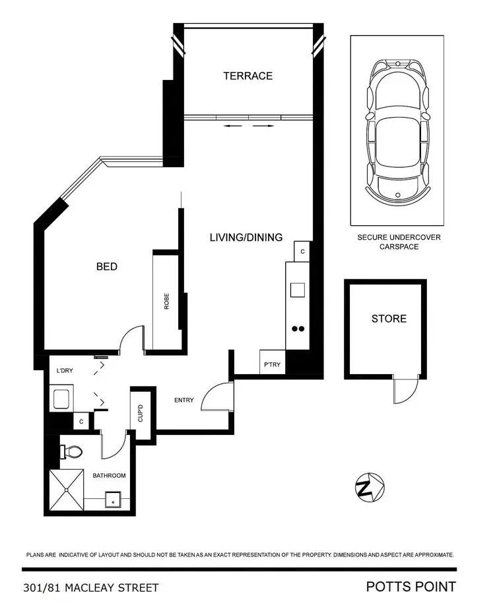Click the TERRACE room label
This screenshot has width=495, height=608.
[x=247, y=76]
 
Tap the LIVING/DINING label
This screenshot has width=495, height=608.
[x=246, y=237]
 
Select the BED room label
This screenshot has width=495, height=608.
[x=107, y=266]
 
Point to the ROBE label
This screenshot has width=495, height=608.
[x=167, y=301]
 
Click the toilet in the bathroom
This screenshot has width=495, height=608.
[x=72, y=452]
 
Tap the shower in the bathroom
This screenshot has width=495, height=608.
[x=68, y=490]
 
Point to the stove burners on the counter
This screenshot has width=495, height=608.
[x=298, y=328]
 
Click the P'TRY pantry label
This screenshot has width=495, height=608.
[x=272, y=364]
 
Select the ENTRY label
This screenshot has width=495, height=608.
[x=183, y=400]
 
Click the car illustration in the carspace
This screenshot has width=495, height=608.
[x=397, y=130]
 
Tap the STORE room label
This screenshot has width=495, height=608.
[x=389, y=319]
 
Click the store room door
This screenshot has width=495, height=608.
[x=405, y=390]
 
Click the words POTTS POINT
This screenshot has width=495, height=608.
[x=411, y=586]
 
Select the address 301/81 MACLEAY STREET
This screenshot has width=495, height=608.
[x=90, y=587]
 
